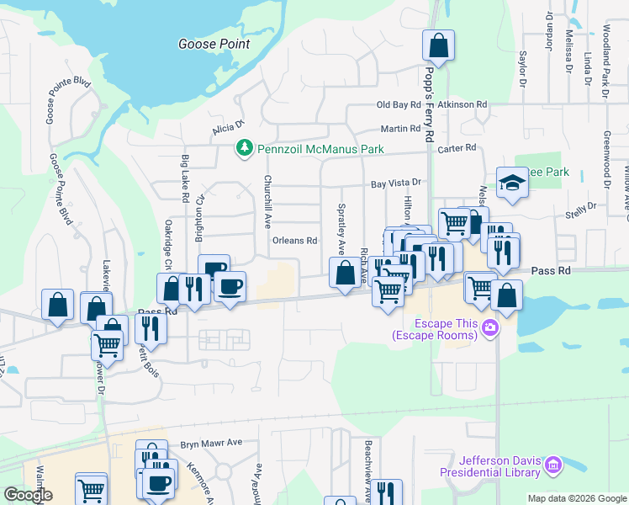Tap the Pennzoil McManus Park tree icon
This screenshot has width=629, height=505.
244,148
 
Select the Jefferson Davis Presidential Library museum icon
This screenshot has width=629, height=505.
552,465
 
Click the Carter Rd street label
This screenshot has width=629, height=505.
457,148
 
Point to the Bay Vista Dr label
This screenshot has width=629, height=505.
395,183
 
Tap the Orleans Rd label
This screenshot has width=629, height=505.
294,241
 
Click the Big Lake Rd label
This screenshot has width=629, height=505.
185,178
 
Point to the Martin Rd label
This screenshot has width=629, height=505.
399,129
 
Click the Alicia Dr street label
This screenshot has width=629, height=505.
227,128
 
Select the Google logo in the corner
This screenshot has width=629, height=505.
28,495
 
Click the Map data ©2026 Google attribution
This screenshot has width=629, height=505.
576,498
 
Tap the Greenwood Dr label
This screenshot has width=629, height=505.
605,159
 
